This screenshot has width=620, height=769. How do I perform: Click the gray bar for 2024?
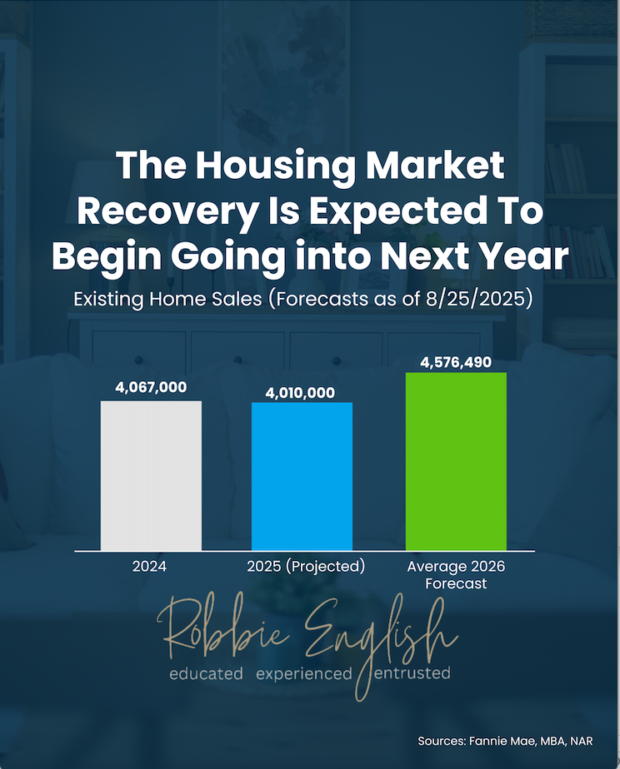[x=151, y=475]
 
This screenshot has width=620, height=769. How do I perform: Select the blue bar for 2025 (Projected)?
[x=302, y=476]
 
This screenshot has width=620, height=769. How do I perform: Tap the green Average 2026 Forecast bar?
[x=456, y=461]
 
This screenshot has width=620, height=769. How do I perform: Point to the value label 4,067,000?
[x=151, y=387]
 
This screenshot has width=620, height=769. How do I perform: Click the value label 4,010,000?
[x=302, y=391]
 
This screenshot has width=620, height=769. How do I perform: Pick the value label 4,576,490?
[x=456, y=362]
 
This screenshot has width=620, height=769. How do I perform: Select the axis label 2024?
[x=149, y=567]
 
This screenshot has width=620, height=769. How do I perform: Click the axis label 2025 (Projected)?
[x=306, y=567]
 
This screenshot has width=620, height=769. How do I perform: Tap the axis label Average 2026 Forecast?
[x=456, y=574]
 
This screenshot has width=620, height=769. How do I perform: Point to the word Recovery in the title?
[x=167, y=211]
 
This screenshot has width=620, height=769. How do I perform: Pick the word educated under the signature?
[x=206, y=672]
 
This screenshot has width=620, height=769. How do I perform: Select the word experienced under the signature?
[x=303, y=672]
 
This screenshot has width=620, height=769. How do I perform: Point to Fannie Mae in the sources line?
[x=505, y=741]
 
